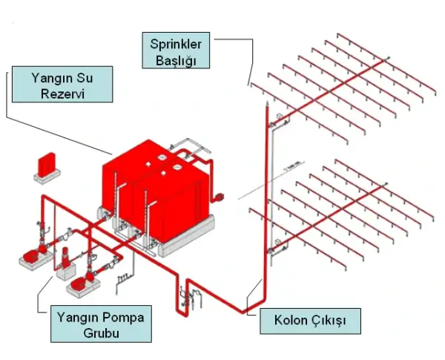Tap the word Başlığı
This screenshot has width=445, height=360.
176,60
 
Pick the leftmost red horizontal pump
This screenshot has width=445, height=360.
32,255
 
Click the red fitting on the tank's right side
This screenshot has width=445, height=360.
220,197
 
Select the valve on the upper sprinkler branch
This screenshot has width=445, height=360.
279,116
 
